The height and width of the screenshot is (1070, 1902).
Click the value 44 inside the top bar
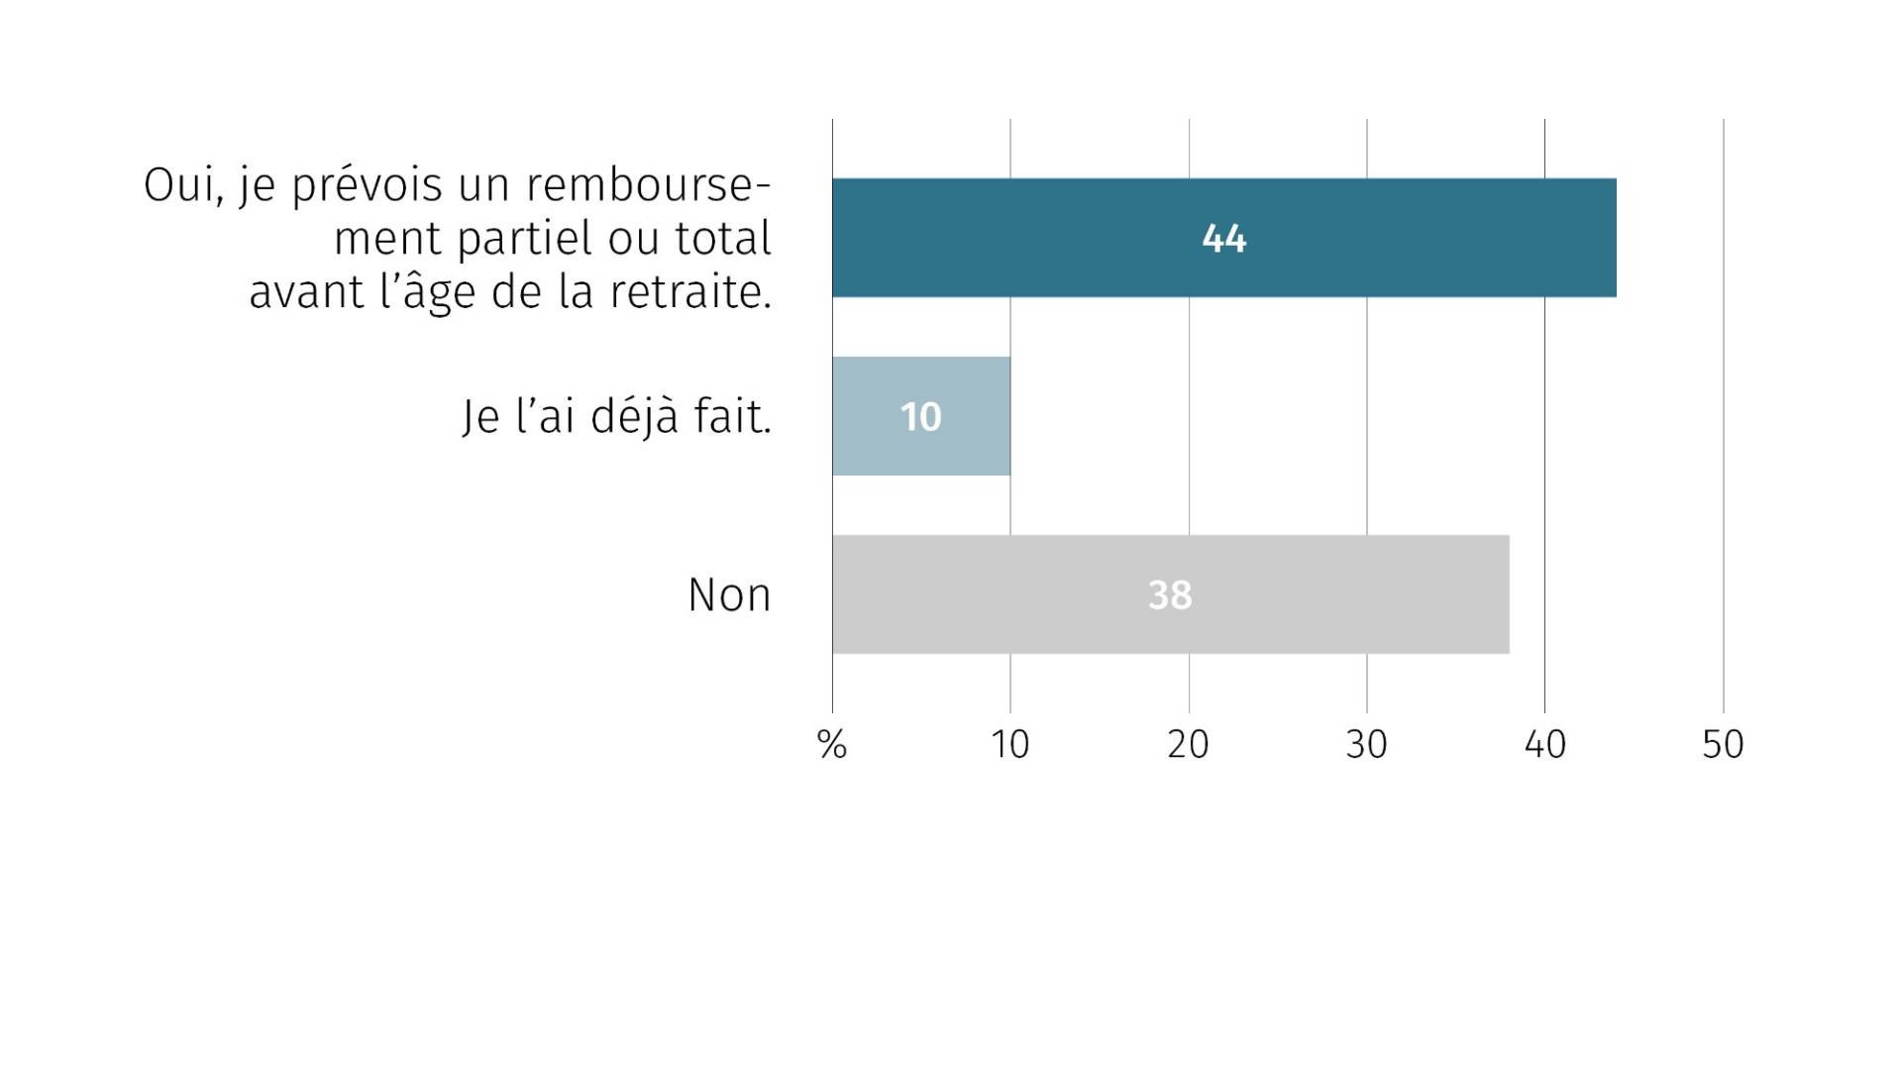[1223, 239]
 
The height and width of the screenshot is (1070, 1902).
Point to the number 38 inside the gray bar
[1170, 595]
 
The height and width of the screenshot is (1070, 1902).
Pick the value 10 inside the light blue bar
[920, 417]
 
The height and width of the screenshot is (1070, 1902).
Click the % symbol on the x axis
[832, 744]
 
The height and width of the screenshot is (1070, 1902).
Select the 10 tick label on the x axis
[1010, 744]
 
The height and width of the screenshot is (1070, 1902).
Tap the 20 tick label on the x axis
[1189, 744]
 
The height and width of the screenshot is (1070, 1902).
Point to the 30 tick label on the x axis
[1367, 744]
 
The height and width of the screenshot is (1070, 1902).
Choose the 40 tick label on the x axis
[1545, 744]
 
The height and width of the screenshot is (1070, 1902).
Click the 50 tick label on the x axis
[1724, 744]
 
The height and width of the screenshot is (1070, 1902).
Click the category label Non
[729, 595]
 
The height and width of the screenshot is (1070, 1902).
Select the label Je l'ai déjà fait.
[616, 416]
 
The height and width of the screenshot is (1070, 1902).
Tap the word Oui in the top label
[180, 185]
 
